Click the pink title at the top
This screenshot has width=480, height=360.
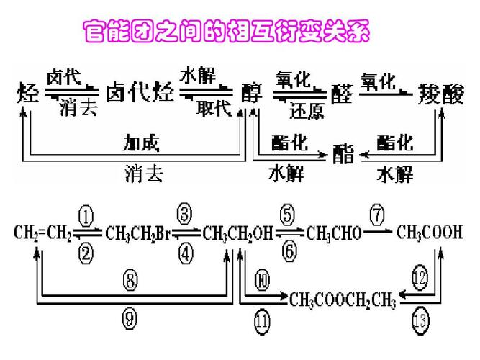click(231, 32)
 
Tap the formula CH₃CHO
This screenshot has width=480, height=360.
click(333, 233)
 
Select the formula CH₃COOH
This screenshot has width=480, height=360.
click(430, 233)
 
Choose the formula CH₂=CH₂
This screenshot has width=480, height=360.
click(42, 233)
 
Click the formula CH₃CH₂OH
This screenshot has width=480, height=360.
click(236, 233)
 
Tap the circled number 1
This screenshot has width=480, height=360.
click(86, 216)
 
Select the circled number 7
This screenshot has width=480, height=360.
click(378, 215)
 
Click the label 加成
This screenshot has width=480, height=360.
click(142, 143)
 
